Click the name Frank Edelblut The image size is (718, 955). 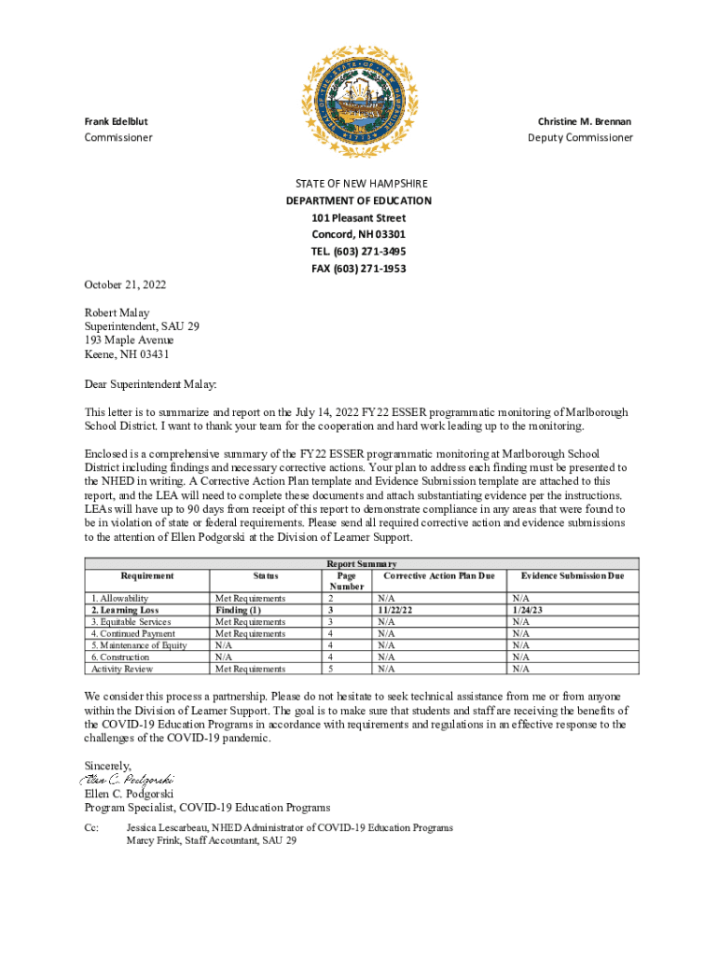116,122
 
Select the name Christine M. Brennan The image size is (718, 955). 584,122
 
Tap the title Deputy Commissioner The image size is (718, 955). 580,138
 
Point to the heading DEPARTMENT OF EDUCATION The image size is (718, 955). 359,201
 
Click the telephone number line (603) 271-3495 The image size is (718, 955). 359,252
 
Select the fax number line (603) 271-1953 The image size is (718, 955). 359,269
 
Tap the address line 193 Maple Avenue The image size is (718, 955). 129,340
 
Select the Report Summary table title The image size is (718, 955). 361,564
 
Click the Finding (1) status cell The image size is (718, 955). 238,610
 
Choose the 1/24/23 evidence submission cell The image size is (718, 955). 527,610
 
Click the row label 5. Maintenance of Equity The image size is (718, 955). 138,645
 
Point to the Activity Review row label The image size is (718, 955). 121,669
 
